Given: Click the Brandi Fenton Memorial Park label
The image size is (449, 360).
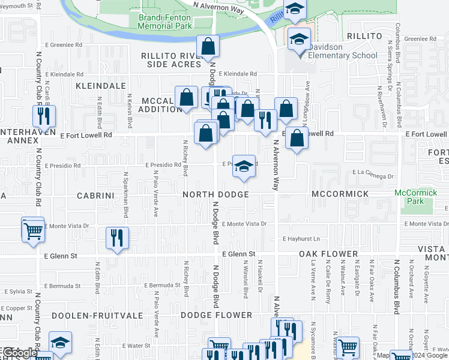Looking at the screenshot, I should point(164,22).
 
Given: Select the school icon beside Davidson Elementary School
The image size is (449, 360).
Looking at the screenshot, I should point(298,40).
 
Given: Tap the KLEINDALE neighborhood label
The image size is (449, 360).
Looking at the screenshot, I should point(100,86).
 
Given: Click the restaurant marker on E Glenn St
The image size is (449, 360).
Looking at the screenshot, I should point(116,238).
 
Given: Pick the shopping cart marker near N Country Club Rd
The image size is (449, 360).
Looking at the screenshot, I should point(33,229).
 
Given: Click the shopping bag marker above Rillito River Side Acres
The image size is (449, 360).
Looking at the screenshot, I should point(208,46).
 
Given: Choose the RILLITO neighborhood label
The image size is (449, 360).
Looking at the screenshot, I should point(363,37).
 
